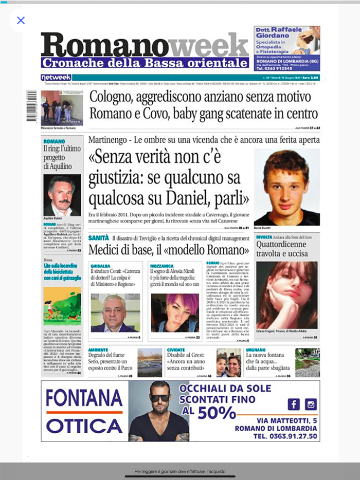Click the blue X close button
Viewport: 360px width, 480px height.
point(21,21)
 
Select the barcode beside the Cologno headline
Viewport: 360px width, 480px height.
point(31,105)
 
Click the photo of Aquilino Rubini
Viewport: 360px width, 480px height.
point(62,195)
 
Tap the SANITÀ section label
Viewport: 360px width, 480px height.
point(98,238)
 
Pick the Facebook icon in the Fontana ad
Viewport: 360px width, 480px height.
point(294,404)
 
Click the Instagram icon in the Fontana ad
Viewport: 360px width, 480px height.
point(310,404)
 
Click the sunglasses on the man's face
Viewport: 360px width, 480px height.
point(159,398)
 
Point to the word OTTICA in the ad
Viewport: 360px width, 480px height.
point(84,426)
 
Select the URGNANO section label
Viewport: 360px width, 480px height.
point(256,349)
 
